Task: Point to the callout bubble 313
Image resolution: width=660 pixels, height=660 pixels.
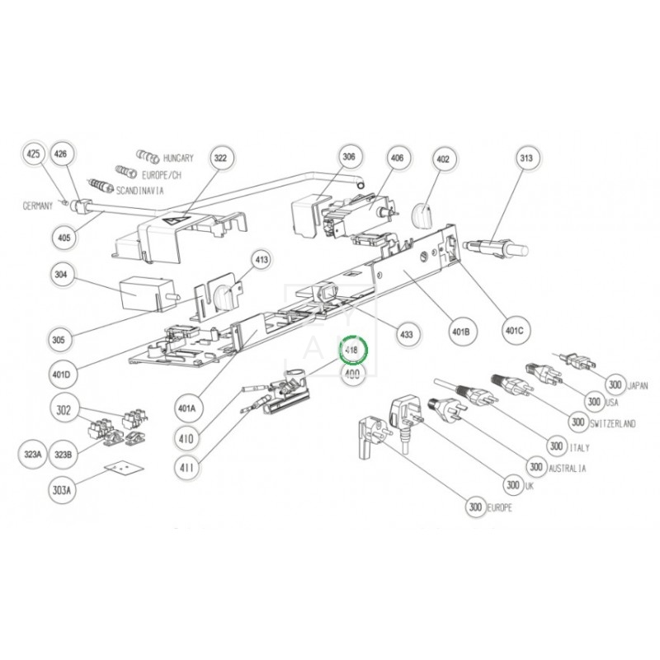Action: (527, 158)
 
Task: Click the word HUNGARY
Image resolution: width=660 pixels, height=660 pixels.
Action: (178, 158)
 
